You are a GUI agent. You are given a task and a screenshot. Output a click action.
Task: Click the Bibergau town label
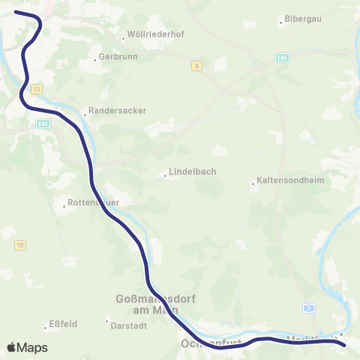[299, 20]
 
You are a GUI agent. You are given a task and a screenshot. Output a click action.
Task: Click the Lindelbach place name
[193, 171]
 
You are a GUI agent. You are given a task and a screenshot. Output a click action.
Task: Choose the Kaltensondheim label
[286, 182]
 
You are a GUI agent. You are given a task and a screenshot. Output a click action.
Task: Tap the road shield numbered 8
[196, 66]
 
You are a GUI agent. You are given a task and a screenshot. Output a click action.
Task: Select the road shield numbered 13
[35, 89]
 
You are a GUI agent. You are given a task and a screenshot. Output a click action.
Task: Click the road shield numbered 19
[19, 244]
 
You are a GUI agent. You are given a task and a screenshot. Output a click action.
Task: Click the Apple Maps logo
[27, 347]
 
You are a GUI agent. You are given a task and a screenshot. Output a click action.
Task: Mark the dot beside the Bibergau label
[280, 22]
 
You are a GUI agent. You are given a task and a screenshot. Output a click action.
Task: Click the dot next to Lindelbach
[165, 176]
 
